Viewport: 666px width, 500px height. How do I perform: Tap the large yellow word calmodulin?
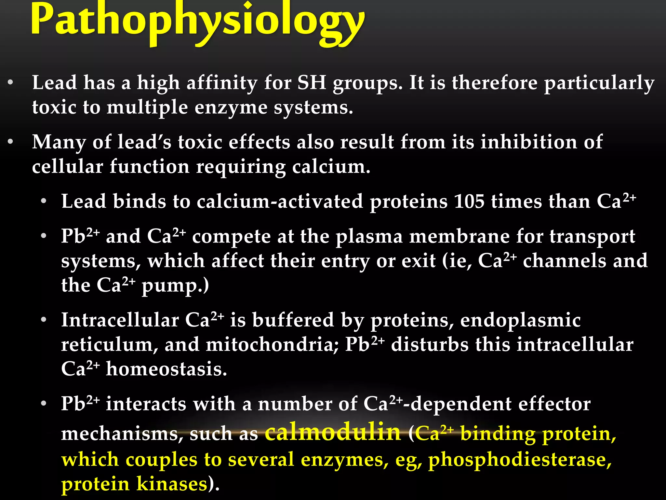point(333,432)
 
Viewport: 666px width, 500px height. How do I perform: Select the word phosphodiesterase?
point(519,460)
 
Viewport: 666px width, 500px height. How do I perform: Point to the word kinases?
point(172,484)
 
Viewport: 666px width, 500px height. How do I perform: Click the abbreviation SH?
point(312,83)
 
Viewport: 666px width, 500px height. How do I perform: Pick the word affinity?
point(222,83)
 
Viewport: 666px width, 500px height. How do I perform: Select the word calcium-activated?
point(280,201)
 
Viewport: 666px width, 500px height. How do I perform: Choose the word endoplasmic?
point(520,320)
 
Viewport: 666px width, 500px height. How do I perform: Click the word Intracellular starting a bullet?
point(120,320)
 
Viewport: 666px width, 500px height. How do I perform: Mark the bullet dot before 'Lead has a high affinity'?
point(11,83)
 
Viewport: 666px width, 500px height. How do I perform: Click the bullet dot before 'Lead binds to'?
point(44,201)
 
